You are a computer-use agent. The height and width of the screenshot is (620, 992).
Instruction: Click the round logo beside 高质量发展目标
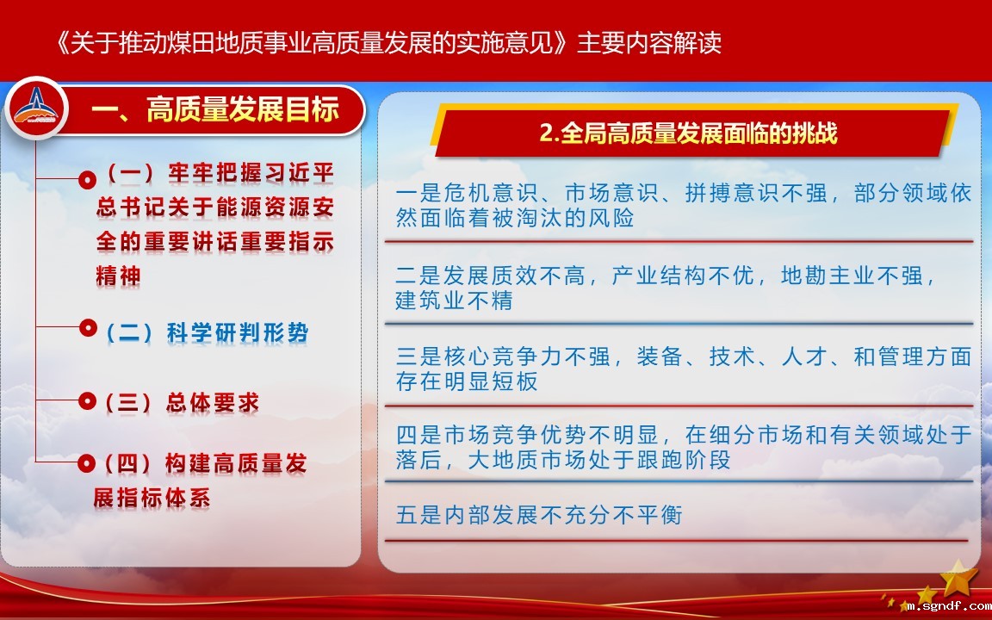[x=36, y=108]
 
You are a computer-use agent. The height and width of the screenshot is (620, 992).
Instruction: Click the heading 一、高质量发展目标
[x=215, y=109]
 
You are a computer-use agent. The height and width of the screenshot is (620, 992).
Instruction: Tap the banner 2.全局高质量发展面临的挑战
[x=688, y=133]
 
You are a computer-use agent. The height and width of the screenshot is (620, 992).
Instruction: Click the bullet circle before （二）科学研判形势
[x=87, y=328]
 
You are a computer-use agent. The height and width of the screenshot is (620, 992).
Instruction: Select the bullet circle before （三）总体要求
[x=87, y=400]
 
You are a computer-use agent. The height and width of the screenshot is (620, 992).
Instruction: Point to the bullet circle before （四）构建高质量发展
[x=87, y=463]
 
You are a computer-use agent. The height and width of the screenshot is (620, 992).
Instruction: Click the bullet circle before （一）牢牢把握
[x=87, y=180]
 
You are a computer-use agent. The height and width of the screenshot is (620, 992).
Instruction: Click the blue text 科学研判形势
[x=238, y=332]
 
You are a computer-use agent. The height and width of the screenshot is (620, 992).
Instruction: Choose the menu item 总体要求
[x=212, y=402]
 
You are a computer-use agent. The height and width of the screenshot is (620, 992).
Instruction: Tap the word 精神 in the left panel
[x=118, y=276]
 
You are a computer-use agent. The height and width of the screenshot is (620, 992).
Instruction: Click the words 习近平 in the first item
[x=299, y=172]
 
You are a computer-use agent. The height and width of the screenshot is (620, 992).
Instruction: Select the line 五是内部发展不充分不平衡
[x=539, y=514]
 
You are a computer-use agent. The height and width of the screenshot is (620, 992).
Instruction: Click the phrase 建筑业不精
[x=454, y=300]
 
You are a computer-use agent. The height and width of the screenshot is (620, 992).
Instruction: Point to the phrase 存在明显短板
[x=467, y=381]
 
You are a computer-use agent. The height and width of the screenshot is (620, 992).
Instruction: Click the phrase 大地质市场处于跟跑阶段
[x=598, y=459]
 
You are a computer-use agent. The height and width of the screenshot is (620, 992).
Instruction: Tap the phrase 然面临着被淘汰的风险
[x=515, y=218]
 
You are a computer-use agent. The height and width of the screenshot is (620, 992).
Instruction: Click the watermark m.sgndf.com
[x=949, y=606]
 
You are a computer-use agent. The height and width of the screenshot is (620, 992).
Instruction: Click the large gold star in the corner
[x=958, y=577]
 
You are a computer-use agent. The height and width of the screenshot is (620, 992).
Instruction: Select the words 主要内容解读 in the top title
[x=649, y=43]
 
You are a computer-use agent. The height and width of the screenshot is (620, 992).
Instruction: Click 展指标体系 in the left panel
[x=152, y=498]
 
